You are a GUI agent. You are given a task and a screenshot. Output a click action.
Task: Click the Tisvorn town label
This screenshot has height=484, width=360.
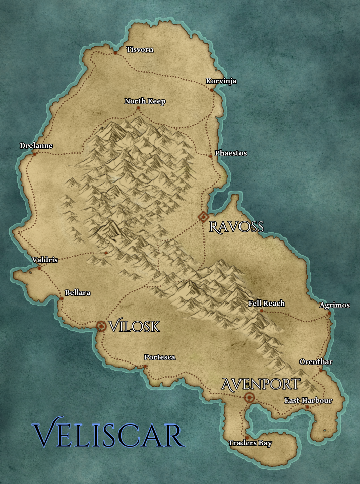(140, 49)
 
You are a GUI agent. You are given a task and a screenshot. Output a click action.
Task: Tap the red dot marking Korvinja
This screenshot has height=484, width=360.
(212, 90)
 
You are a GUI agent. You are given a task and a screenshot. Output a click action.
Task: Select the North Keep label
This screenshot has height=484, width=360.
(145, 101)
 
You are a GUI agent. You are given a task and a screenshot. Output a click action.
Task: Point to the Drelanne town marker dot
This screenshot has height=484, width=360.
(34, 154)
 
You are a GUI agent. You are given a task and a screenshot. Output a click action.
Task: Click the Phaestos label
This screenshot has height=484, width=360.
(231, 153)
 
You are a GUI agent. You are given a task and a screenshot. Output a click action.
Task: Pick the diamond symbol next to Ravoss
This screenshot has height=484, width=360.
(203, 217)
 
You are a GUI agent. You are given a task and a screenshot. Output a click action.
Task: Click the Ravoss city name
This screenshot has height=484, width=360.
(236, 227)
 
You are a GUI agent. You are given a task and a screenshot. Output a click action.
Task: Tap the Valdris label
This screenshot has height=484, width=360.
(45, 260)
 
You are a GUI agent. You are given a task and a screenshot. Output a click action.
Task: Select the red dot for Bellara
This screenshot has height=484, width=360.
(62, 298)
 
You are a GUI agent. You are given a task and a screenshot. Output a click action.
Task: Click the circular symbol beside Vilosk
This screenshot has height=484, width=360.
(101, 326)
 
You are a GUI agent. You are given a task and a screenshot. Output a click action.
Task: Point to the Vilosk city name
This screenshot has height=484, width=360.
(134, 326)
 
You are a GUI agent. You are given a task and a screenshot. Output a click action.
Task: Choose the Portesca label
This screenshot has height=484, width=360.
(160, 357)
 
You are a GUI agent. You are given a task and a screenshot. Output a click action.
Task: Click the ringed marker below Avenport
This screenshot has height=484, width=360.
(249, 398)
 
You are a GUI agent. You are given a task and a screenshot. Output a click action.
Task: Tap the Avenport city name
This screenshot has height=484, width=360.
(261, 384)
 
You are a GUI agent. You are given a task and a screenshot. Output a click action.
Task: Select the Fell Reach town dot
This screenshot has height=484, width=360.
(261, 311)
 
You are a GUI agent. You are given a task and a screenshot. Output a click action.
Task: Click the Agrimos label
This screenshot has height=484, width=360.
(333, 305)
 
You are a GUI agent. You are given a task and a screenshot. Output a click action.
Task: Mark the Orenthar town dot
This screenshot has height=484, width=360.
(321, 370)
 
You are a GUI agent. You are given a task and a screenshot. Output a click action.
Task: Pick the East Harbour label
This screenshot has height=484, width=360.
(308, 400)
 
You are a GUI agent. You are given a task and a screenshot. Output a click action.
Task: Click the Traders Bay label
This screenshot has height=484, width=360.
(250, 443)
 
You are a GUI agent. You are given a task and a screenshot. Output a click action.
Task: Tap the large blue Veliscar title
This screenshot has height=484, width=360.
(108, 435)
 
